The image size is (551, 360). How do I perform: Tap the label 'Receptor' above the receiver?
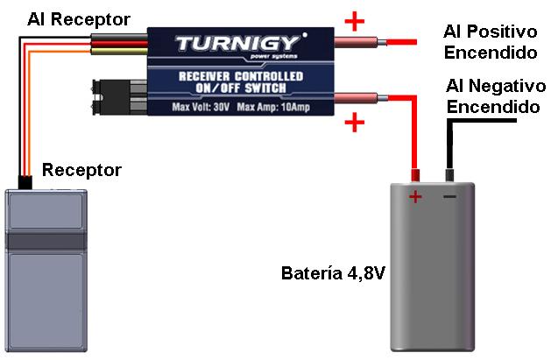pyautogui.click(x=81, y=169)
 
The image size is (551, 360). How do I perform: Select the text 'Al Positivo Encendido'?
pyautogui.click(x=490, y=42)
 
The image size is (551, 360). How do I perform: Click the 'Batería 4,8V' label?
pyautogui.click(x=334, y=273)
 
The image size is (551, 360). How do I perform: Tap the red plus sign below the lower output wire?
pyautogui.click(x=354, y=122)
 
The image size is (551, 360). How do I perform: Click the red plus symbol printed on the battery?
pyautogui.click(x=415, y=197)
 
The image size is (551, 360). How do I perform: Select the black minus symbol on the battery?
pyautogui.click(x=449, y=196)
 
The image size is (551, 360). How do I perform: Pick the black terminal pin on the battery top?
pyautogui.click(x=449, y=174)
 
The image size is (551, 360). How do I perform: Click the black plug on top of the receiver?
pyautogui.click(x=25, y=182)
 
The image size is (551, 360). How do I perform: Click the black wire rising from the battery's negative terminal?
pyautogui.click(x=449, y=145)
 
